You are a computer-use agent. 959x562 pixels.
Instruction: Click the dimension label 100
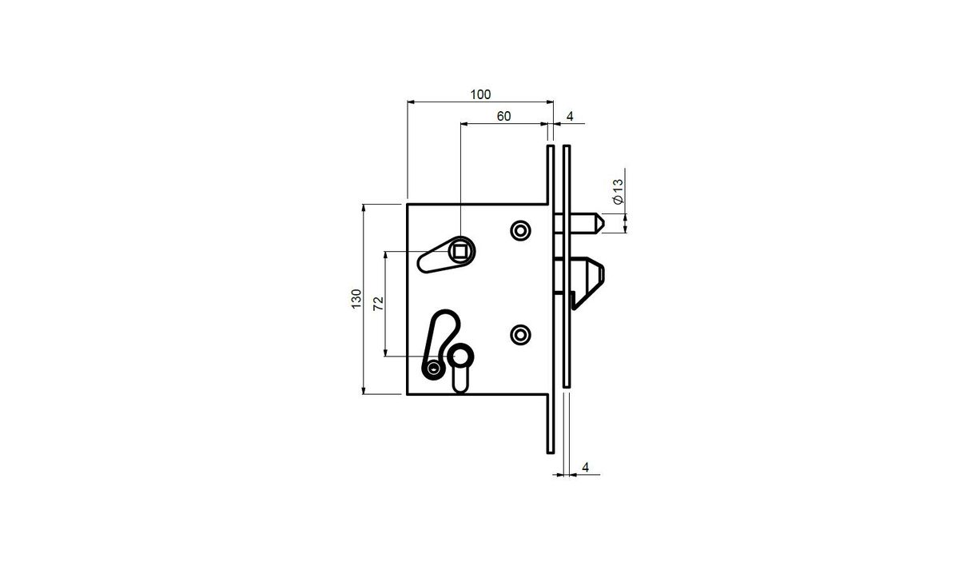480,94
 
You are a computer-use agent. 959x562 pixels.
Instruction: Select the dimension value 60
503,117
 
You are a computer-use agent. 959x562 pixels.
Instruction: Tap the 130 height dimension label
356,299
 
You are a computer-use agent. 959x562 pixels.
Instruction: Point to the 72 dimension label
379,304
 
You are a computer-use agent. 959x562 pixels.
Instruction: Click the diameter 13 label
619,192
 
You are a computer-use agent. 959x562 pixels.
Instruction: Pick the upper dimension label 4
570,117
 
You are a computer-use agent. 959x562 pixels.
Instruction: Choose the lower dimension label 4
585,468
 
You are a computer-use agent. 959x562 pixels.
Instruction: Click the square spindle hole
460,252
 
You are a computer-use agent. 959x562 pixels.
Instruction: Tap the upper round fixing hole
520,231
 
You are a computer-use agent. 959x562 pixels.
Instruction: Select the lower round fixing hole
520,335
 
